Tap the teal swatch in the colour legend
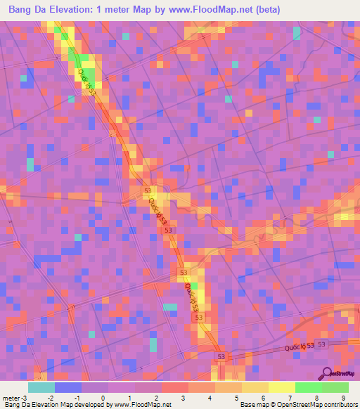pyautogui.click(x=41, y=387)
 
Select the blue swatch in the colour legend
pyautogui.click(x=68, y=387)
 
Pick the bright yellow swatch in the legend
pyautogui.click(x=282, y=387)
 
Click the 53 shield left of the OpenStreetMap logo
pyautogui.click(x=321, y=344)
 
